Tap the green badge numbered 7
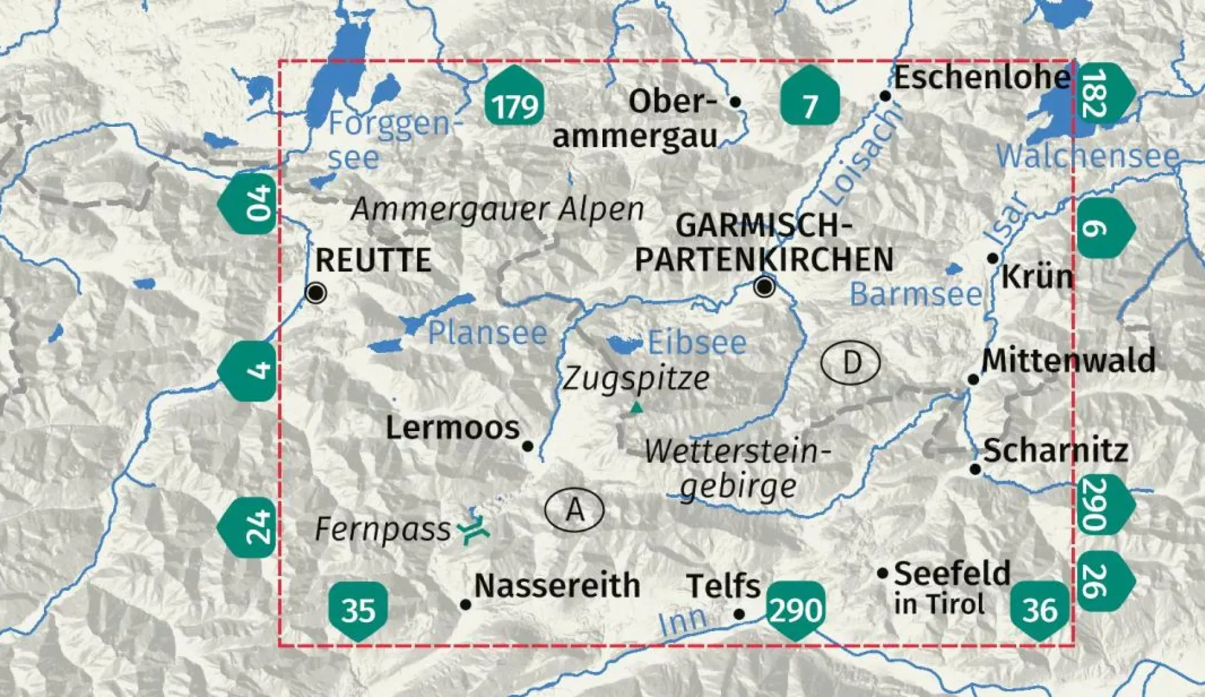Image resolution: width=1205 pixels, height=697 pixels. pyautogui.click(x=809, y=98)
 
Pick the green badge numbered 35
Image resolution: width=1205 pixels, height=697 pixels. pyautogui.click(x=358, y=609)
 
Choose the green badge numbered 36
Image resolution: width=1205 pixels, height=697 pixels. pyautogui.click(x=1039, y=609)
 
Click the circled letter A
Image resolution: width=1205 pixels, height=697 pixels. pyautogui.click(x=575, y=510)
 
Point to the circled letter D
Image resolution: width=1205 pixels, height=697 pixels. pyautogui.click(x=850, y=362)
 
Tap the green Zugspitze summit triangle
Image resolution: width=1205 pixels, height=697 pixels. pyautogui.click(x=635, y=408)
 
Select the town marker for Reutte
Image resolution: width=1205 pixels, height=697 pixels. pyautogui.click(x=316, y=292)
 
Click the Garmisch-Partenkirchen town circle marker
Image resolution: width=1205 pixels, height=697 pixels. pyautogui.click(x=765, y=286)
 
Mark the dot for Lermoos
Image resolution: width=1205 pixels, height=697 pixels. pyautogui.click(x=527, y=446)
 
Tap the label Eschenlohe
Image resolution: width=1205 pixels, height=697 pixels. pyautogui.click(x=982, y=78)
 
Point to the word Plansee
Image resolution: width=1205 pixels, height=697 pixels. pyautogui.click(x=488, y=333)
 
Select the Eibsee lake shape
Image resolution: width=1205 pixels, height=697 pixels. pyautogui.click(x=624, y=344)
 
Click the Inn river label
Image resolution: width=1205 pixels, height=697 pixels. pyautogui.click(x=682, y=621)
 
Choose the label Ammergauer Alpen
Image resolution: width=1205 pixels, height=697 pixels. pyautogui.click(x=497, y=209)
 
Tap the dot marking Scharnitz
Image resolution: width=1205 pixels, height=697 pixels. pyautogui.click(x=975, y=470)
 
